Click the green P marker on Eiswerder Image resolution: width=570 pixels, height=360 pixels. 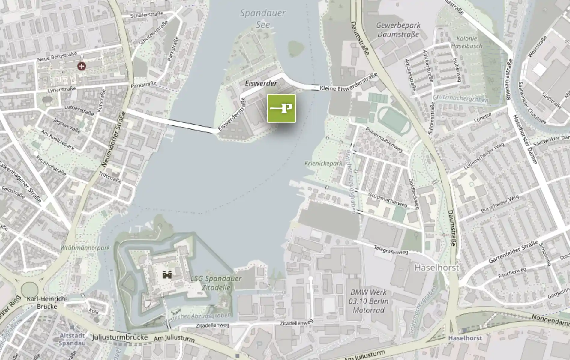281,108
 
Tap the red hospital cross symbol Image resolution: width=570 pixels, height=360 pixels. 81,66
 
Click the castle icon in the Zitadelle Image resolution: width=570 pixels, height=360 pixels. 167,274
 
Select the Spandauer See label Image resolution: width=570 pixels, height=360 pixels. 263,19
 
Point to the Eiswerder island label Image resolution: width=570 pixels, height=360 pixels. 261,83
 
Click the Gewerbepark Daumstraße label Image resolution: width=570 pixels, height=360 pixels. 398,30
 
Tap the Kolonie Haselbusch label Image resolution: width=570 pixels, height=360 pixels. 466,42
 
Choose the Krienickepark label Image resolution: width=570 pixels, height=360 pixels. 323,163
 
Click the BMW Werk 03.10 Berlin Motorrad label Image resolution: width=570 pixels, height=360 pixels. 368,301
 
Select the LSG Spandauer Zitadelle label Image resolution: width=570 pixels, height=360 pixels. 216,283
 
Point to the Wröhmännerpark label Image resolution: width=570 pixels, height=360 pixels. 85,248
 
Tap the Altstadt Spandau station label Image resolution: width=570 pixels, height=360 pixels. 72,339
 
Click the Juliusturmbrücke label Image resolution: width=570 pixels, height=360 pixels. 120,337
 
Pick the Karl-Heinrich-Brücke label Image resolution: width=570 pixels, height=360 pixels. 46,302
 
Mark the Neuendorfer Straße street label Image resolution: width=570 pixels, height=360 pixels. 114,139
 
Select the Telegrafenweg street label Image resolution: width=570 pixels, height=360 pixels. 391,250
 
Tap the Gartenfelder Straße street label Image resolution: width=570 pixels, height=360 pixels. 513,252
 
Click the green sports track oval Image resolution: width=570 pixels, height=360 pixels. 394,121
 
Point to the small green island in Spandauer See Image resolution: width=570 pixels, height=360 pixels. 296,48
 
